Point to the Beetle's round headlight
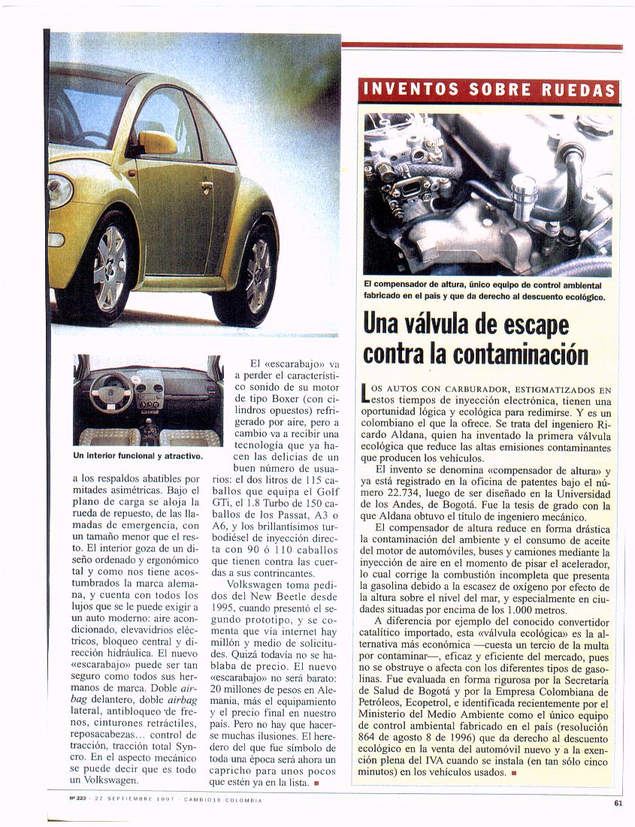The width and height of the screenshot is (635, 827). tap(60, 191)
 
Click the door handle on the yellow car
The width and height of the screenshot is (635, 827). tap(207, 185)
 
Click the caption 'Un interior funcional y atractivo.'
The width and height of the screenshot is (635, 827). tap(138, 456)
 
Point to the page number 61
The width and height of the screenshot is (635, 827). tap(618, 802)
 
